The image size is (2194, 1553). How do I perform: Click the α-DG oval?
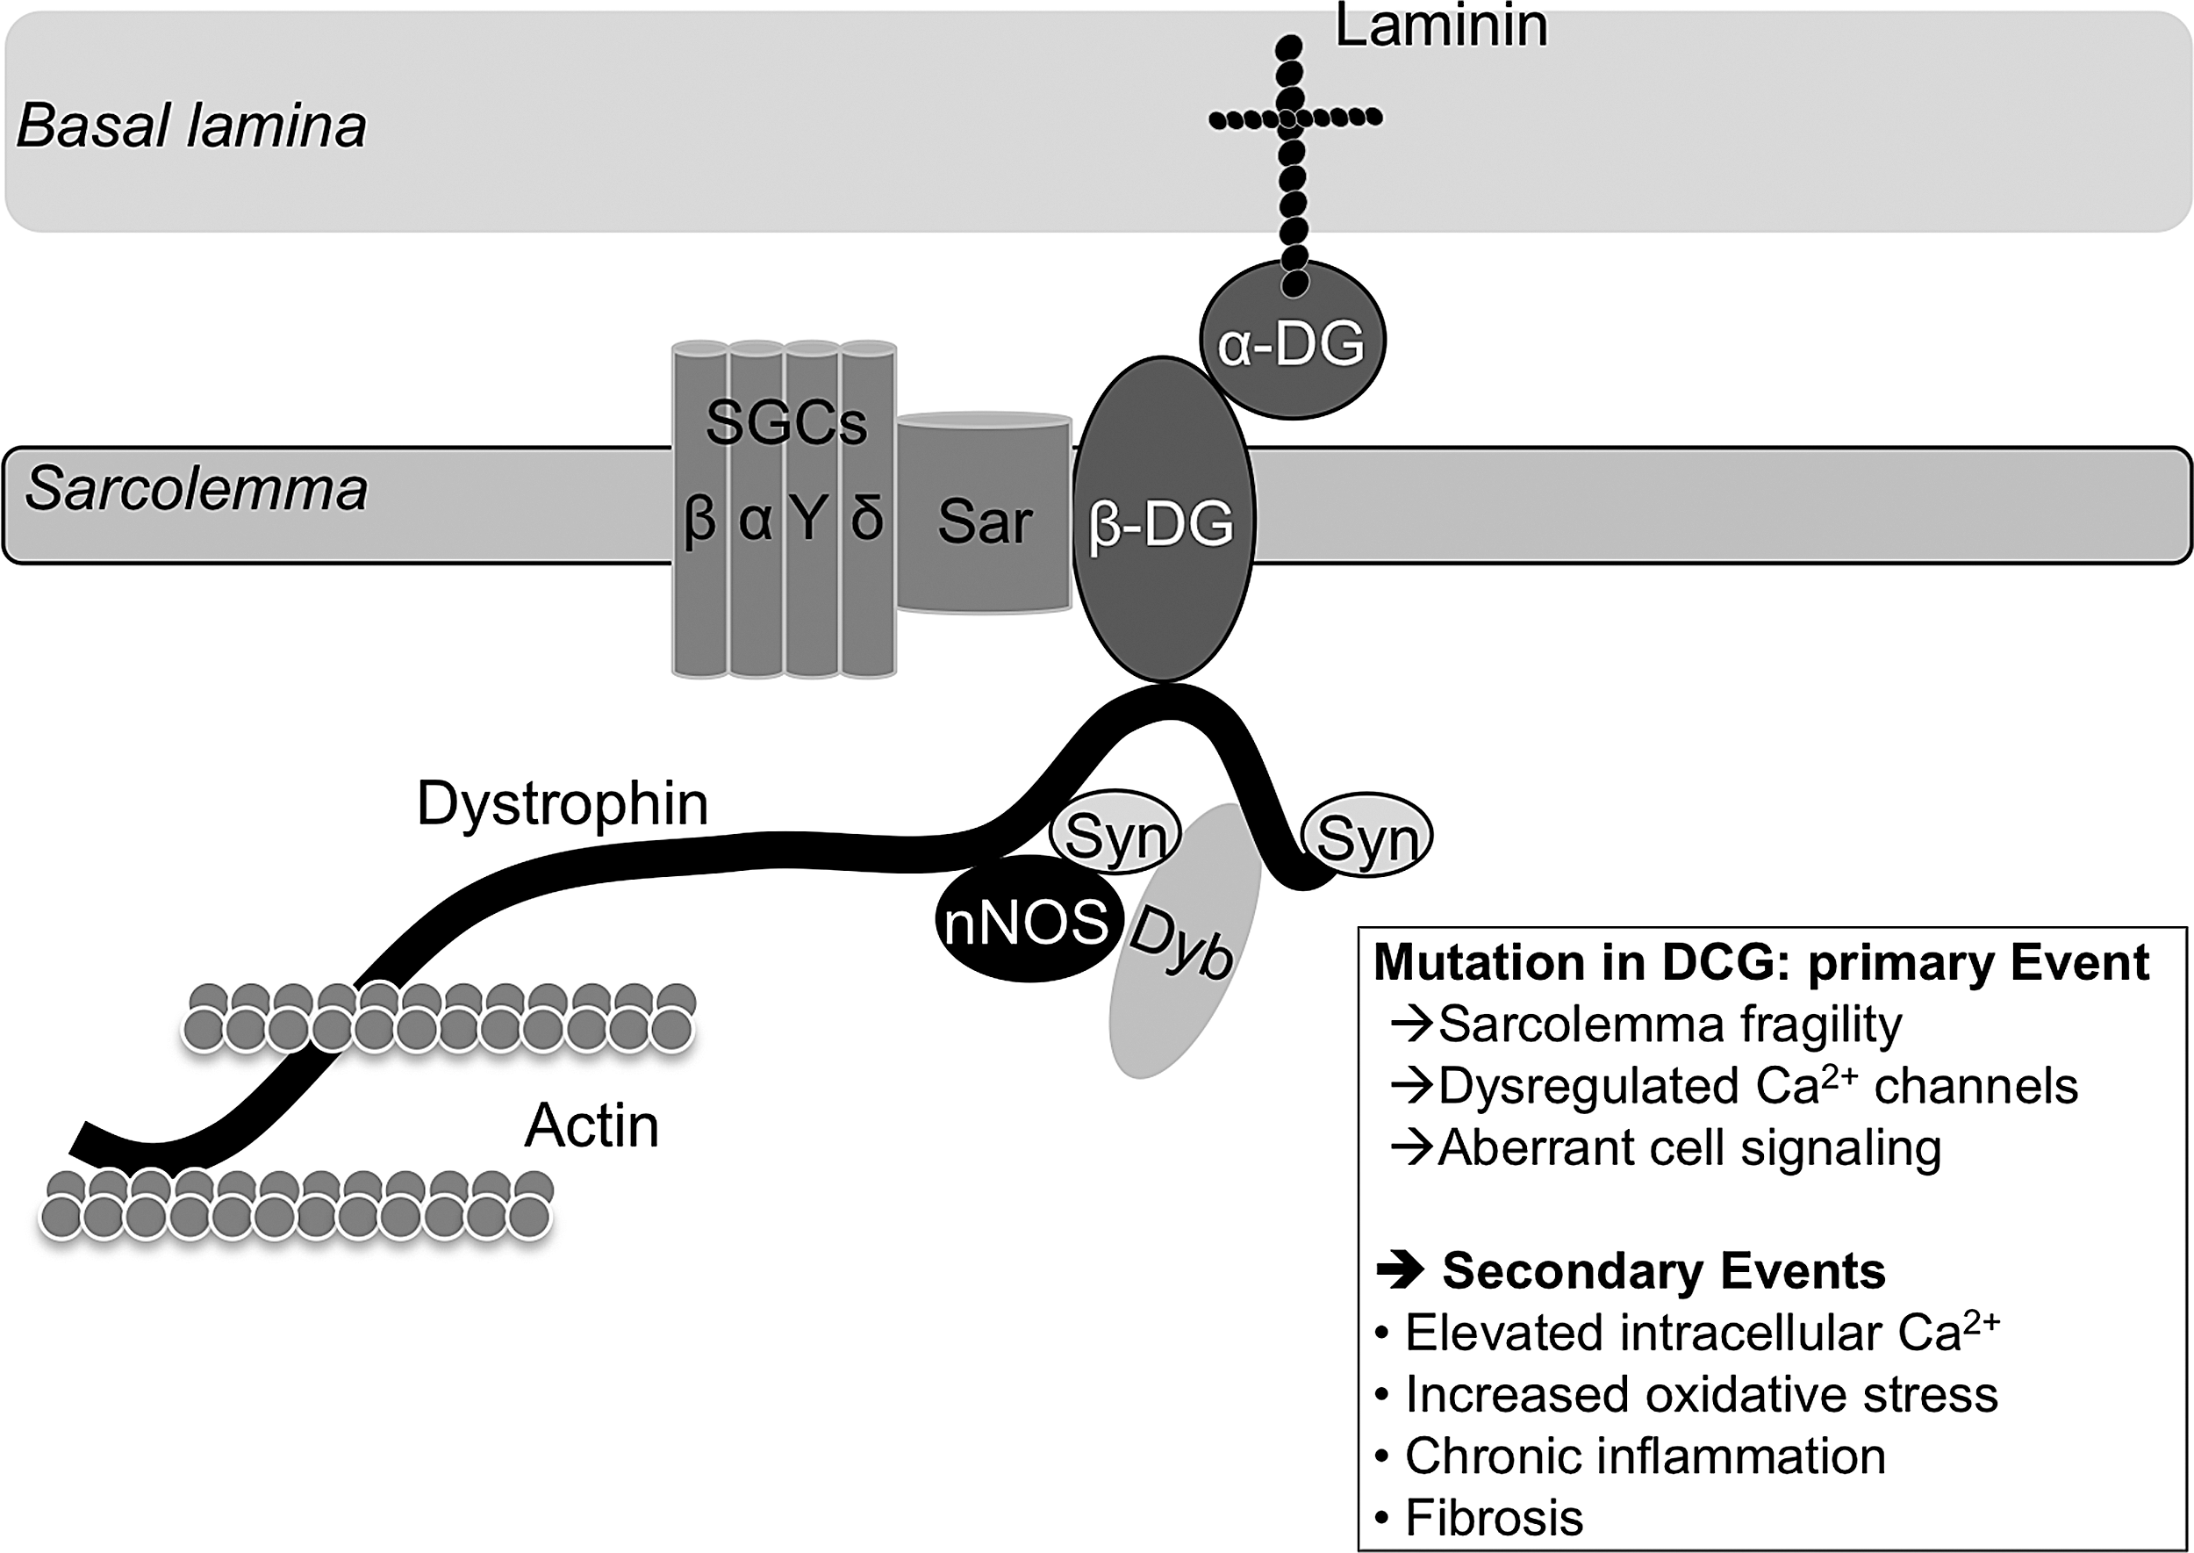(1293, 342)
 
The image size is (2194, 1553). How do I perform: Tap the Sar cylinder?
(984, 513)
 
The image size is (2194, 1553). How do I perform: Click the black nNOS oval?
(1026, 924)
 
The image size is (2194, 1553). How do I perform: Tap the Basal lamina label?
(191, 126)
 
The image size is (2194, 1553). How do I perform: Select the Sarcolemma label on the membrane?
(196, 489)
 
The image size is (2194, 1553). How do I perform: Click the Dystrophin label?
(563, 803)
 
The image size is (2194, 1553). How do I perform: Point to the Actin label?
(592, 1125)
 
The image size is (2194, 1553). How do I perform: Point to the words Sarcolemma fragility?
(1670, 1025)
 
